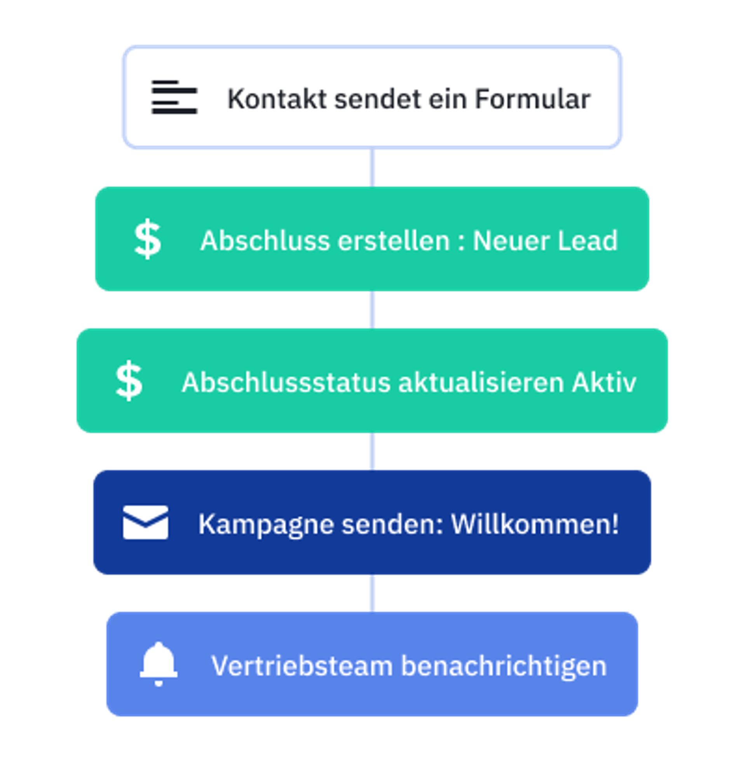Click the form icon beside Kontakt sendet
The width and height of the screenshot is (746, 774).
pos(174,97)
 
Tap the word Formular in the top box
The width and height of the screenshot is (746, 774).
pos(532,99)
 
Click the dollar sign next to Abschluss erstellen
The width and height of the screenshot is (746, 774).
pos(148,239)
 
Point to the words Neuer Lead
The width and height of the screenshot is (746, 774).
pos(545,241)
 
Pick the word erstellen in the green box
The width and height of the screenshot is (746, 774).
pos(393,241)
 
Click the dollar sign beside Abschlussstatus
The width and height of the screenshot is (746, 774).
pos(129,381)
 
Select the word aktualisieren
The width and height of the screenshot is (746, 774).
pos(481,382)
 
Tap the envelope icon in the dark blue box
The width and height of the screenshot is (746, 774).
pos(145,522)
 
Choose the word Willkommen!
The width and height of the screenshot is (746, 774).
pos(535,524)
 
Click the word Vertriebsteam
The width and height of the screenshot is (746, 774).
pos(302,666)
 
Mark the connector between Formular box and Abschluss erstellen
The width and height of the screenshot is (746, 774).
pos(372,168)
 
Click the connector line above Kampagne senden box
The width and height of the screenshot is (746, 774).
pos(372,451)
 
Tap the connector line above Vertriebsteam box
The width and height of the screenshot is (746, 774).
pos(372,593)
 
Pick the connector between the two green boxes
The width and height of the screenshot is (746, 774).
pos(372,310)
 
